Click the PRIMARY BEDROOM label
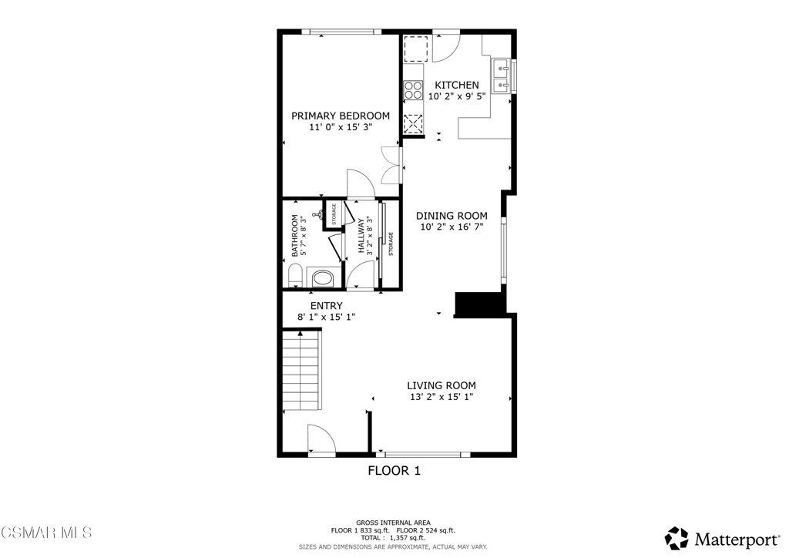pyautogui.click(x=340, y=116)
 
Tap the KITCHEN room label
pyautogui.click(x=457, y=85)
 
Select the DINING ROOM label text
pyautogui.click(x=452, y=216)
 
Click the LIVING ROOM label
pyautogui.click(x=441, y=385)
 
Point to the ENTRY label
pyautogui.click(x=326, y=306)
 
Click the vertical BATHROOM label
pyautogui.click(x=294, y=236)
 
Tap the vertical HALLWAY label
pyautogui.click(x=361, y=236)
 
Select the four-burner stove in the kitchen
pyautogui.click(x=414, y=91)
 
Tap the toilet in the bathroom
pyautogui.click(x=294, y=275)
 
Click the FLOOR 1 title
pyautogui.click(x=394, y=471)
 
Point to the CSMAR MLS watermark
pyautogui.click(x=46, y=533)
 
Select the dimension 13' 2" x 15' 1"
pyautogui.click(x=441, y=398)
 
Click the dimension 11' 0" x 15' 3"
pyautogui.click(x=340, y=128)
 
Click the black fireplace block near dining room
pyautogui.click(x=478, y=304)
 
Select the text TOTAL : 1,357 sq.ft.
pyautogui.click(x=394, y=538)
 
